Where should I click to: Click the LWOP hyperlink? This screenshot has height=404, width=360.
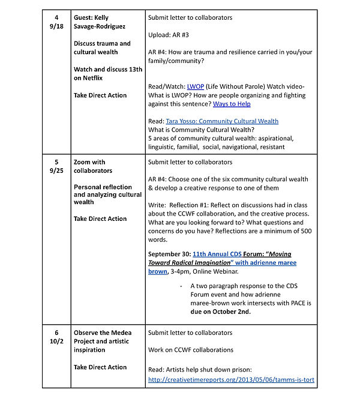click(x=196, y=86)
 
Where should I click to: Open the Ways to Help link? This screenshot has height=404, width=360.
click(x=232, y=104)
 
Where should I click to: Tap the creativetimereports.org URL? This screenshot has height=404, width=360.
click(x=231, y=379)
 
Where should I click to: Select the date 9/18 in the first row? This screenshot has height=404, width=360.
click(x=56, y=26)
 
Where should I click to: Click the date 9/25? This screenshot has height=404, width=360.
click(x=56, y=170)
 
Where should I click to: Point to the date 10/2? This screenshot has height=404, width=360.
click(x=56, y=341)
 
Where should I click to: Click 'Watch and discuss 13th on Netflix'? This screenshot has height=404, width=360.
click(x=108, y=73)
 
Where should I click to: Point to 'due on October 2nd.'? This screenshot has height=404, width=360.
click(x=220, y=312)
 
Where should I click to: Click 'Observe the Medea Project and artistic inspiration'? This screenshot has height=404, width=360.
click(x=103, y=341)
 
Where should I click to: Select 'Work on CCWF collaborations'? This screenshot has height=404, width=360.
click(x=191, y=349)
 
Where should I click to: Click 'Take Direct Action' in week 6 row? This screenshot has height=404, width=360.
click(x=100, y=367)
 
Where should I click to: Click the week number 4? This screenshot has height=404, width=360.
click(x=56, y=18)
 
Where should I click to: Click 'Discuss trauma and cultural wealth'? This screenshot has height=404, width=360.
click(x=102, y=47)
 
